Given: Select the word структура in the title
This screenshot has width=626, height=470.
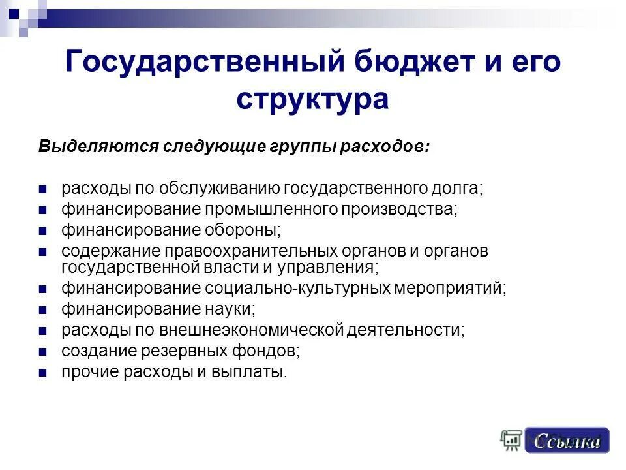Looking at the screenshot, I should coord(313,99).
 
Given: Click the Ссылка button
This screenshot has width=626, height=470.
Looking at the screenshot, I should coord(567,441).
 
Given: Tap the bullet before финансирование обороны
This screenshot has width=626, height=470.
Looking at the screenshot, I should coord(43,230).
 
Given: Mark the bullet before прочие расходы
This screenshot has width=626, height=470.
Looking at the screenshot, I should coord(43,373).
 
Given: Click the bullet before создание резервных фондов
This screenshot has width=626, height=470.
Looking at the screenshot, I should coord(43,352).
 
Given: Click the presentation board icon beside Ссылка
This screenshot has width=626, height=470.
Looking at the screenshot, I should coord(511,441).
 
